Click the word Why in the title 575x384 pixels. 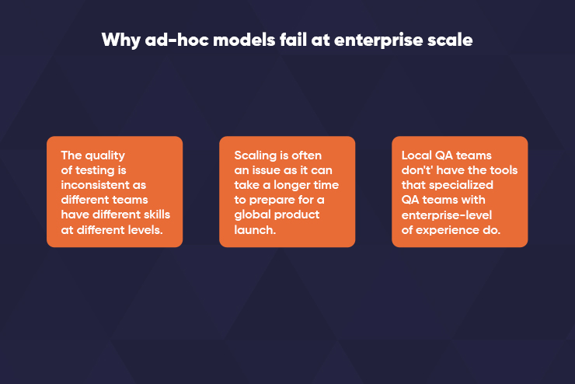pyautogui.click(x=121, y=40)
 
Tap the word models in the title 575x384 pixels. pyautogui.click(x=244, y=40)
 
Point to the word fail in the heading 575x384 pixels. pyautogui.click(x=294, y=40)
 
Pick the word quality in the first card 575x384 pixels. pyautogui.click(x=105, y=156)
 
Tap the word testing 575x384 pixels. pyautogui.click(x=95, y=171)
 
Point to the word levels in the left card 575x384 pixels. pyautogui.click(x=145, y=230)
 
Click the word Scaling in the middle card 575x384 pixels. pyautogui.click(x=256, y=156)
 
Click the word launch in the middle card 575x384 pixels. pyautogui.click(x=254, y=230)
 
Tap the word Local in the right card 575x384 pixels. pyautogui.click(x=416, y=155)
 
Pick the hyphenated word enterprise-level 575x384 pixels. pyautogui.click(x=447, y=215)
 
